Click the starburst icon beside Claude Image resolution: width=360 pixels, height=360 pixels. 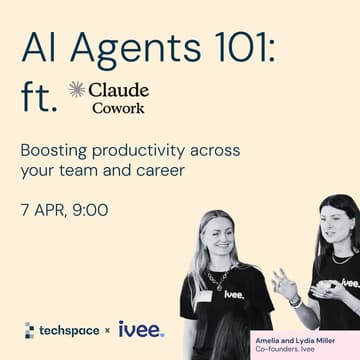coord(76,90)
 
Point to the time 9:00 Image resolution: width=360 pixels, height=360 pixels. coord(89,211)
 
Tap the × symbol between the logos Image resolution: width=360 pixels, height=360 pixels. coord(108,330)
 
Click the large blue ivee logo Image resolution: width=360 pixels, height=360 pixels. coord(141,328)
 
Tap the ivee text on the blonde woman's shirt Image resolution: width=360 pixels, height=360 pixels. coord(234,294)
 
